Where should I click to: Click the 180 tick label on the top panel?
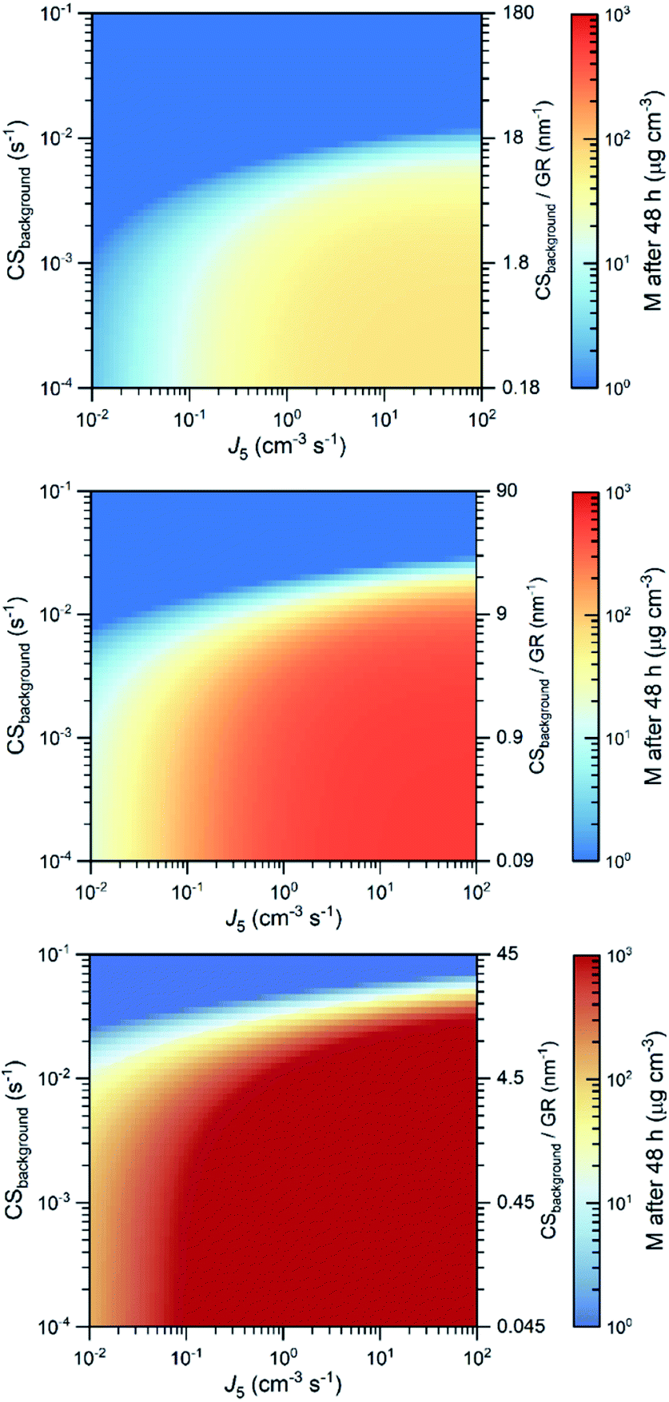(x=508, y=14)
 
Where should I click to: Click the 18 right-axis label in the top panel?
(x=504, y=137)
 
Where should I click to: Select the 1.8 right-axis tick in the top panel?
(x=507, y=263)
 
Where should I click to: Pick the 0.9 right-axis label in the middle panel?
(x=504, y=737)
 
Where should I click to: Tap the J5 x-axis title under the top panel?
(x=286, y=445)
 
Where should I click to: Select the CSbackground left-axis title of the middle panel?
(x=18, y=675)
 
